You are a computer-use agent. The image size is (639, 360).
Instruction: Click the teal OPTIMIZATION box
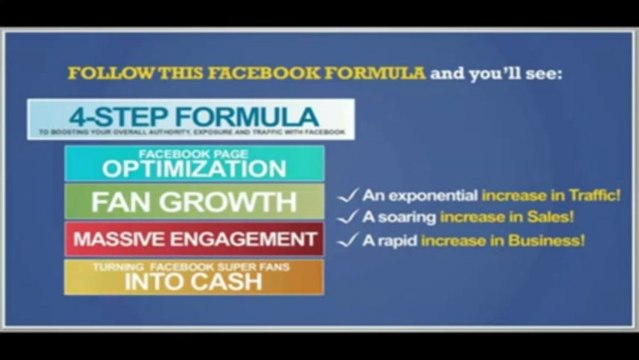point(194,164)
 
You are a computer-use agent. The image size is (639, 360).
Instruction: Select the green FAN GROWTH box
point(194,201)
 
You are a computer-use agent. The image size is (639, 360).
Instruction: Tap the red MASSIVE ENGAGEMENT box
point(194,239)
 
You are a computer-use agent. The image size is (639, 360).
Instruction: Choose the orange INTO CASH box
point(194,277)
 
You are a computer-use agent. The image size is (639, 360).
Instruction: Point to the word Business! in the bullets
point(551,241)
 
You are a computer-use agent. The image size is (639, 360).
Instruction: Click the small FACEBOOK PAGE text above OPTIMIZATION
point(193,153)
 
